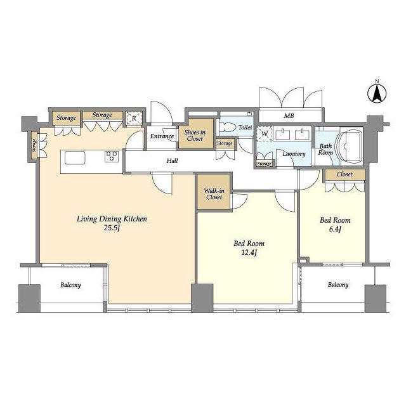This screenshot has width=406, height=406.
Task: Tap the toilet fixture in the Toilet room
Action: (227, 128)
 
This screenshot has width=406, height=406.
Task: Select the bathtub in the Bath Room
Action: (348, 146)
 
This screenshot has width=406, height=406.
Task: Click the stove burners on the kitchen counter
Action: (112, 157)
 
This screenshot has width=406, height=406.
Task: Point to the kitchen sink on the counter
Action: (75, 158)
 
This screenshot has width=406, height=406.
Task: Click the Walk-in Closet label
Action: (214, 194)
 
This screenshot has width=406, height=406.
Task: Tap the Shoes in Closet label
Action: (195, 135)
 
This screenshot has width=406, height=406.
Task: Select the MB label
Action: (289, 116)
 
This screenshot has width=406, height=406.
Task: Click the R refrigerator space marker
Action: (134, 119)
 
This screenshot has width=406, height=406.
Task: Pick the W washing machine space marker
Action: (265, 134)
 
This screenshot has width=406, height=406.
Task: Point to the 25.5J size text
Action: (112, 228)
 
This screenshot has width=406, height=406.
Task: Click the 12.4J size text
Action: (249, 252)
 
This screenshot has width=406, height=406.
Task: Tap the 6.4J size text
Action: (335, 229)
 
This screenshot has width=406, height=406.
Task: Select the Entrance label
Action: (162, 136)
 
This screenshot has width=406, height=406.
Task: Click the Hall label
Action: (172, 160)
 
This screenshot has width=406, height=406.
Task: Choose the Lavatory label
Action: (294, 154)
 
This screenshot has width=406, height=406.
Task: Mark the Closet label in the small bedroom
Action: (344, 174)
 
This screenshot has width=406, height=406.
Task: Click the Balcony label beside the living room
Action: (70, 285)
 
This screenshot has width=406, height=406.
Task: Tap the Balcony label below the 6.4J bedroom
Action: (338, 285)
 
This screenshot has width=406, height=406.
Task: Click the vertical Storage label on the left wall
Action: (34, 145)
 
